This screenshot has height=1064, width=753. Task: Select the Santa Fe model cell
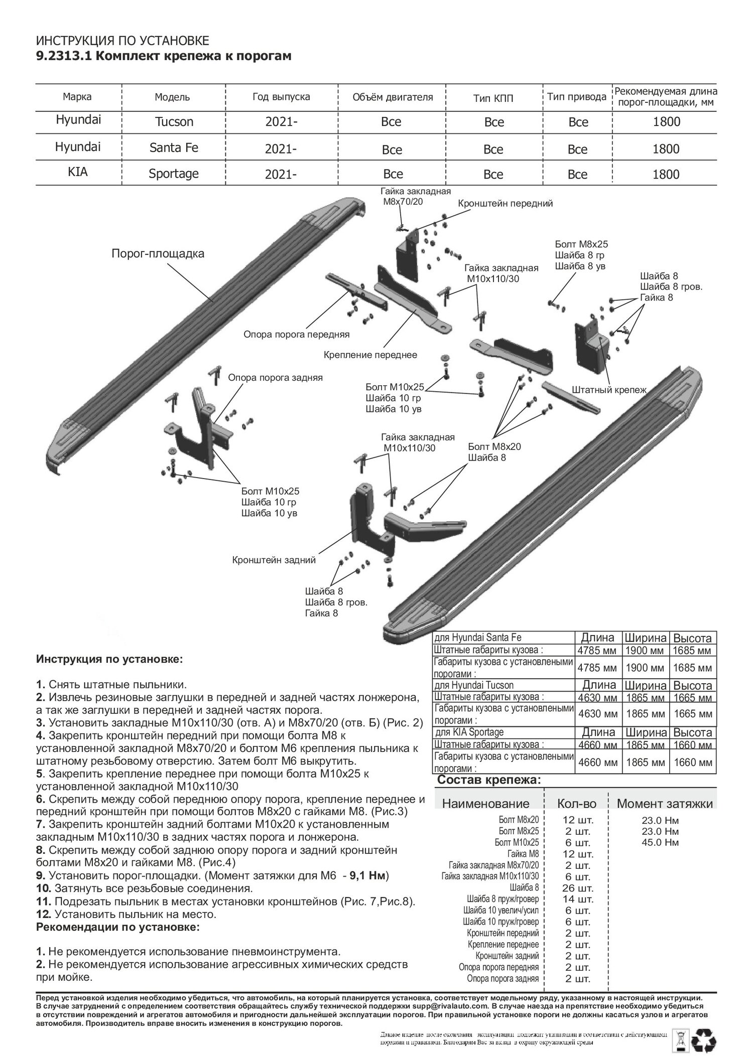174,148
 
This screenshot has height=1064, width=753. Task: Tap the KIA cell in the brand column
77,172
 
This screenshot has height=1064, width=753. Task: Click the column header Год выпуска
281,96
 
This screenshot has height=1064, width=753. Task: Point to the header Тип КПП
493,98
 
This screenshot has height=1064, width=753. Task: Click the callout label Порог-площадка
158,254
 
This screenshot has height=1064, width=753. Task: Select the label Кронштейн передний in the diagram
505,203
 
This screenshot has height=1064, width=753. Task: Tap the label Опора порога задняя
275,378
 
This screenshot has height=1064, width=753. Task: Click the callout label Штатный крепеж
609,389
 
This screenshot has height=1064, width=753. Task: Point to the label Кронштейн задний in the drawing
274,560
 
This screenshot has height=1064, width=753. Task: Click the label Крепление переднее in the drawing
370,355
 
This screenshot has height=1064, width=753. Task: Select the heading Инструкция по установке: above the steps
109,659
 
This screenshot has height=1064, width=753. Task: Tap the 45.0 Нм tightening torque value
660,842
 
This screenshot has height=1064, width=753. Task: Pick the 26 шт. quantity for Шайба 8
577,888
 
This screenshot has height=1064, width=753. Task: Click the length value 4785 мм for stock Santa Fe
597,651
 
